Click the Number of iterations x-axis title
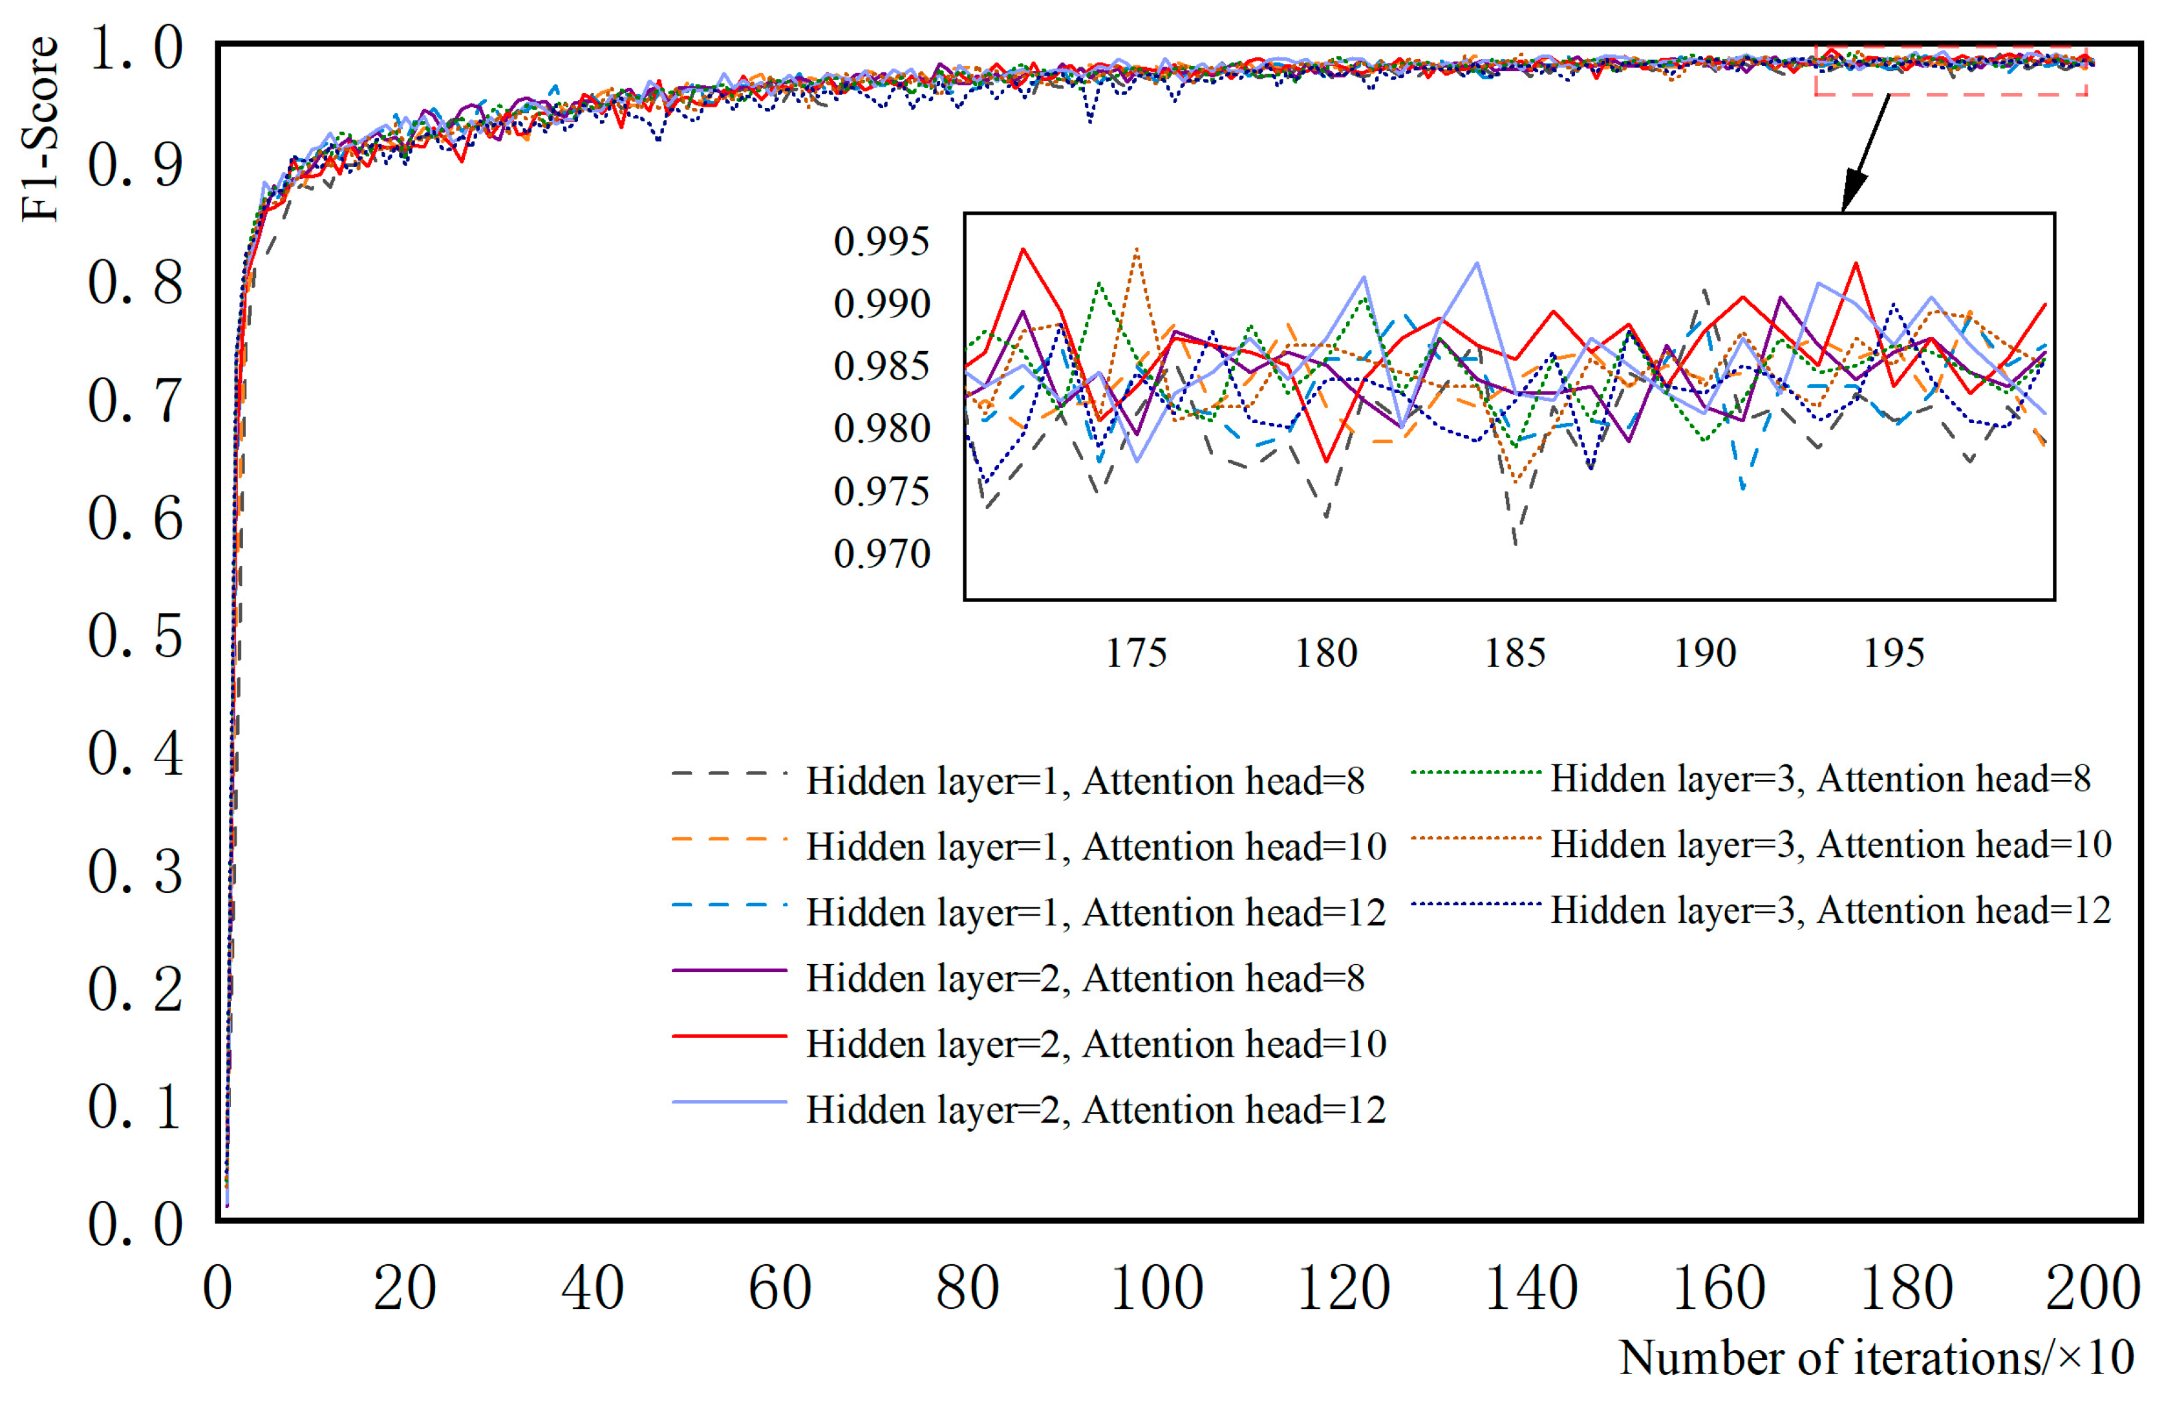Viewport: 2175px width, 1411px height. coord(1875,1358)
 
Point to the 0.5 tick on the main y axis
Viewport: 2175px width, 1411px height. coord(135,636)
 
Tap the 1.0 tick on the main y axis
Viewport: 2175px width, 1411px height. coord(135,48)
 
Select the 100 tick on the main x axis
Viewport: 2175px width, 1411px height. coord(1156,1289)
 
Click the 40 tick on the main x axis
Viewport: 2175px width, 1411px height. coord(592,1289)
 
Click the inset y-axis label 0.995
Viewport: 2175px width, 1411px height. coord(881,242)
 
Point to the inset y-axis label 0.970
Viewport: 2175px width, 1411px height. coord(881,554)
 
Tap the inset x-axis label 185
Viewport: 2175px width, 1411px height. coord(1514,653)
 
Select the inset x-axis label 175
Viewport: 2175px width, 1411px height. coord(1136,653)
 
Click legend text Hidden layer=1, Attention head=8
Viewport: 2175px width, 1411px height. coord(1085,781)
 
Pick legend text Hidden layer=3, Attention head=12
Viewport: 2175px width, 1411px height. coord(1830,910)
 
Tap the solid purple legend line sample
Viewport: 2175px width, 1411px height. coord(729,969)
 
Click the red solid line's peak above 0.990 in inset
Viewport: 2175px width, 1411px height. coord(1023,250)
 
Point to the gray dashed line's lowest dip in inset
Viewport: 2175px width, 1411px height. coord(1515,543)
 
